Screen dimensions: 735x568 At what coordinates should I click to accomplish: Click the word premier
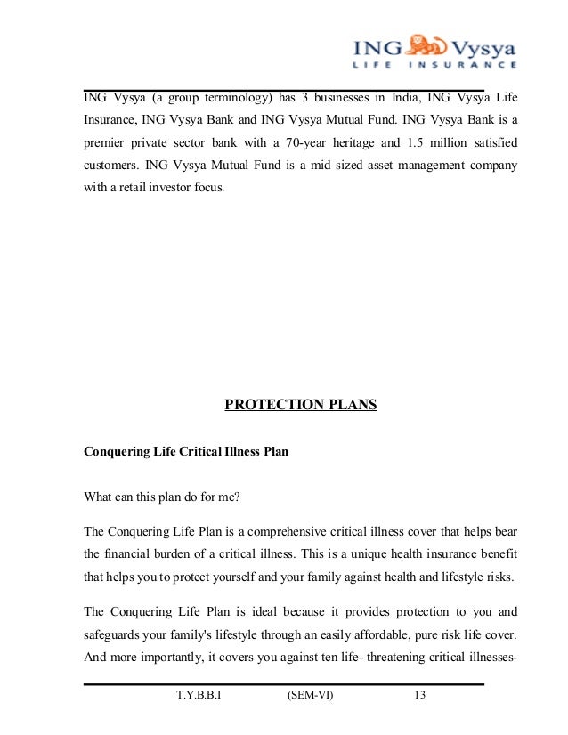point(106,142)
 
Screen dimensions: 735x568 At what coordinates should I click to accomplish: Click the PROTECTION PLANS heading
point(301,406)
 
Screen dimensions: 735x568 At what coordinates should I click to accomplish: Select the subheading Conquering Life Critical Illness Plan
point(185,451)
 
